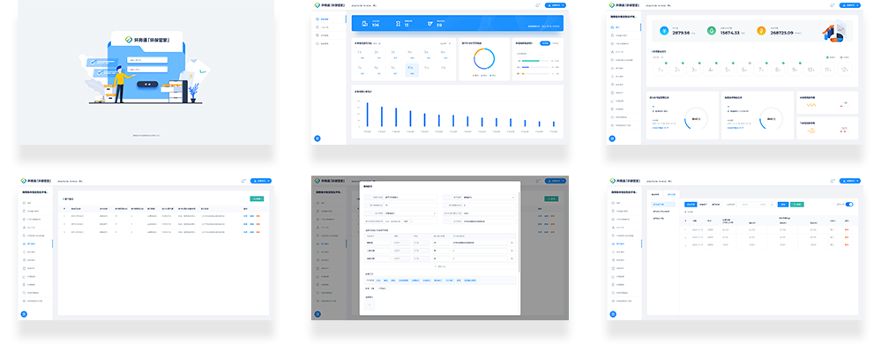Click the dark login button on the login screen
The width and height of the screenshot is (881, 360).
(148, 83)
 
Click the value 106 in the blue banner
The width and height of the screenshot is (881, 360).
(376, 25)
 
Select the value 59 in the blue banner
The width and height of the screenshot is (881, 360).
(439, 25)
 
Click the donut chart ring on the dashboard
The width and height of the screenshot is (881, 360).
(483, 58)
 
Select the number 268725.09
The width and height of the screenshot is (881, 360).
(787, 32)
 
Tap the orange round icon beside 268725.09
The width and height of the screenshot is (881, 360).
(761, 32)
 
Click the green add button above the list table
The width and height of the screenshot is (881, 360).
(257, 199)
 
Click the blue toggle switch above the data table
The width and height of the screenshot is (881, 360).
(850, 204)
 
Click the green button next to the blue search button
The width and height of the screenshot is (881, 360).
(798, 204)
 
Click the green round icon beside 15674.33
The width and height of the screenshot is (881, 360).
(712, 32)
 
